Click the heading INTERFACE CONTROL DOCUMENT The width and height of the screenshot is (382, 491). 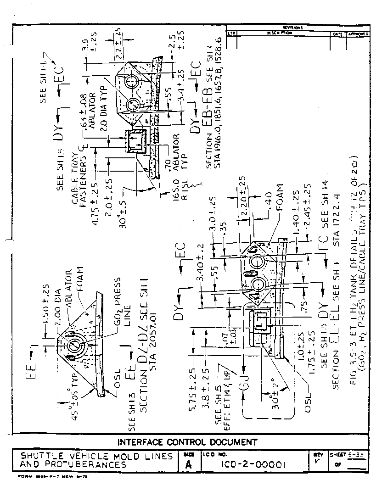pyautogui.click(x=187, y=442)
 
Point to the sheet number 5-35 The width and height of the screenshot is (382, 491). pyautogui.click(x=356, y=455)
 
